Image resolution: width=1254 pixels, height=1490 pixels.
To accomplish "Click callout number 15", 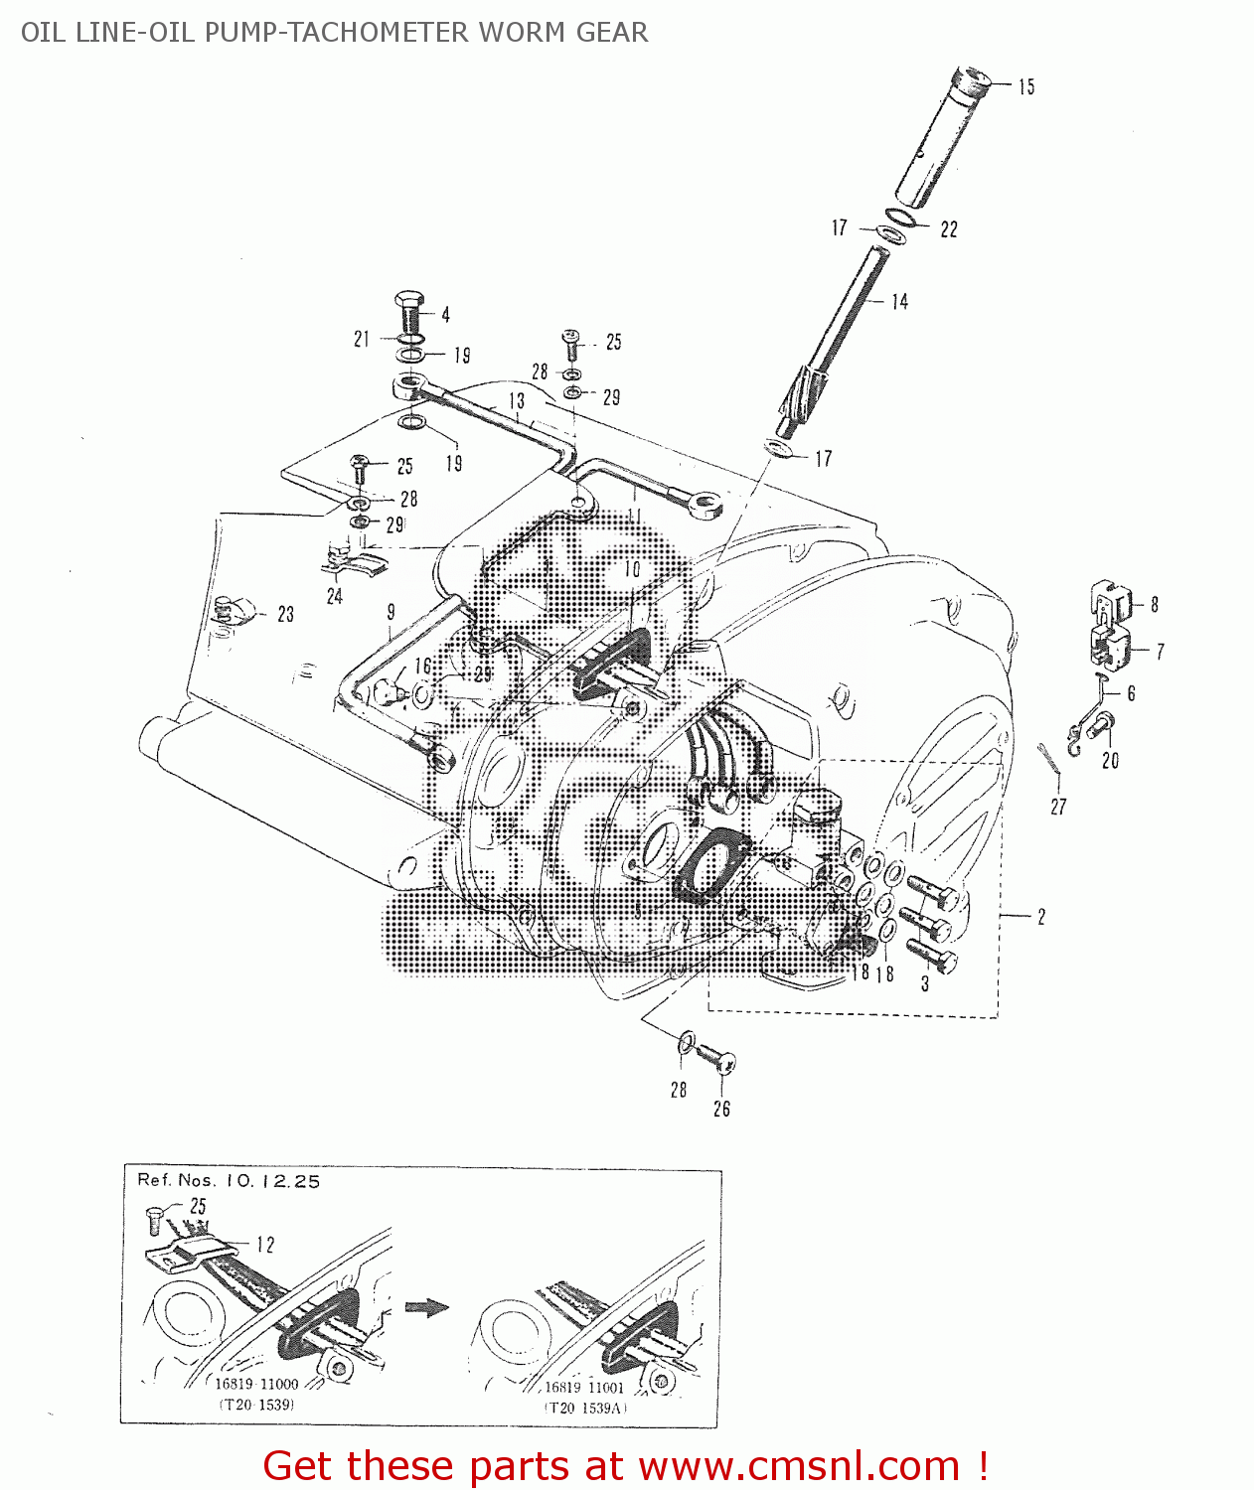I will [x=1026, y=87].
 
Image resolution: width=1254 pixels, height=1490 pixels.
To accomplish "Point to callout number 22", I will [x=949, y=229].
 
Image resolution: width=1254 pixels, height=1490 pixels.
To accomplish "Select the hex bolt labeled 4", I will [x=409, y=312].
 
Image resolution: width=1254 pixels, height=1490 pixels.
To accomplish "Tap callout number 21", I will [x=362, y=340].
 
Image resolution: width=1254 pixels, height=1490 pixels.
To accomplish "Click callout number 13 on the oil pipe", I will [x=517, y=401].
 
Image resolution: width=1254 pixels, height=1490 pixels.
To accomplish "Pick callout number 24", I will [x=335, y=596].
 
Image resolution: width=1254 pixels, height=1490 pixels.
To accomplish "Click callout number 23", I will [x=286, y=615].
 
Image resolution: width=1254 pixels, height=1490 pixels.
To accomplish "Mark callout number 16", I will [x=423, y=667].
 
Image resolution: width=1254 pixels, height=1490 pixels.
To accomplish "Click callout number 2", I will [x=1041, y=917].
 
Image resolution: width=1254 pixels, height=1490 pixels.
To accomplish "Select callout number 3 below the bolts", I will [x=925, y=984].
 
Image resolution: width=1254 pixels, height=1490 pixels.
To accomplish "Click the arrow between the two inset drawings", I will [x=429, y=1307].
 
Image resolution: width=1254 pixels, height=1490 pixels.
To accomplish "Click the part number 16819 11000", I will [x=256, y=1384].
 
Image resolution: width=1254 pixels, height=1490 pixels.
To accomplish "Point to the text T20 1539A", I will [x=585, y=1408].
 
